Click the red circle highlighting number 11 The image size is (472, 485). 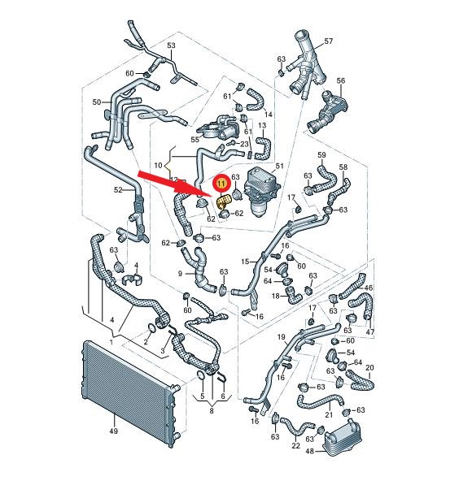(x=221, y=184)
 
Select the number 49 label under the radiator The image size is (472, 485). (x=114, y=431)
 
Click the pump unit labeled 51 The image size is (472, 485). (x=262, y=193)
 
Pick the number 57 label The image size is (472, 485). (x=328, y=41)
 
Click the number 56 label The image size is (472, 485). (x=341, y=80)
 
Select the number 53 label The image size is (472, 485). (x=171, y=45)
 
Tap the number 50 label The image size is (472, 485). (x=97, y=102)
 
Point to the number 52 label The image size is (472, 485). (x=118, y=190)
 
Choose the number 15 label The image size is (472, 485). (x=245, y=262)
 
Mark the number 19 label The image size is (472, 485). (x=281, y=337)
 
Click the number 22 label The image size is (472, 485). (x=296, y=446)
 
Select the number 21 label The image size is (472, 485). (x=329, y=415)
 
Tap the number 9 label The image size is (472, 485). (x=180, y=274)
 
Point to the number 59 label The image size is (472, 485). (x=321, y=155)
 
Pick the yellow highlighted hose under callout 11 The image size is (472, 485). (x=224, y=201)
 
